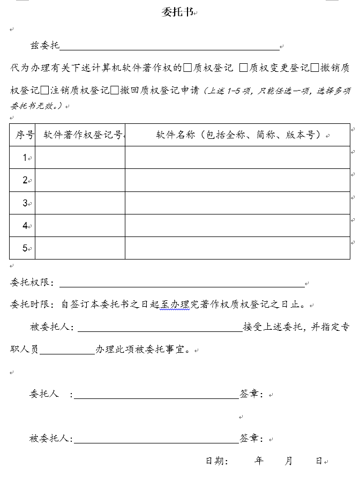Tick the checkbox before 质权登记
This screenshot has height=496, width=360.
(x=187, y=68)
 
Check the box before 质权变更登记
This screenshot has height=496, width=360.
(x=243, y=68)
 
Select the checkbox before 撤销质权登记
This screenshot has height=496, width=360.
(x=315, y=68)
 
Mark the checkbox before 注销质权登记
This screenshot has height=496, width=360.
(x=44, y=90)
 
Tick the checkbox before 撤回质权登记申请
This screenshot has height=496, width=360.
(x=115, y=90)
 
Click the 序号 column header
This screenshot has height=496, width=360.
(x=22, y=135)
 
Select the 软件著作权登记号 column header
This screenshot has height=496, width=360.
(x=80, y=135)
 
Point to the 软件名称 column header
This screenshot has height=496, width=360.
(x=238, y=135)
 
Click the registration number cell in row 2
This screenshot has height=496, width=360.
(x=80, y=180)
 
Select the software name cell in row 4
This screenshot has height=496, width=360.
(x=238, y=226)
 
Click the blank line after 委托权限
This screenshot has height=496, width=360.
(x=182, y=284)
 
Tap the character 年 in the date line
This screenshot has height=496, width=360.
(x=259, y=461)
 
